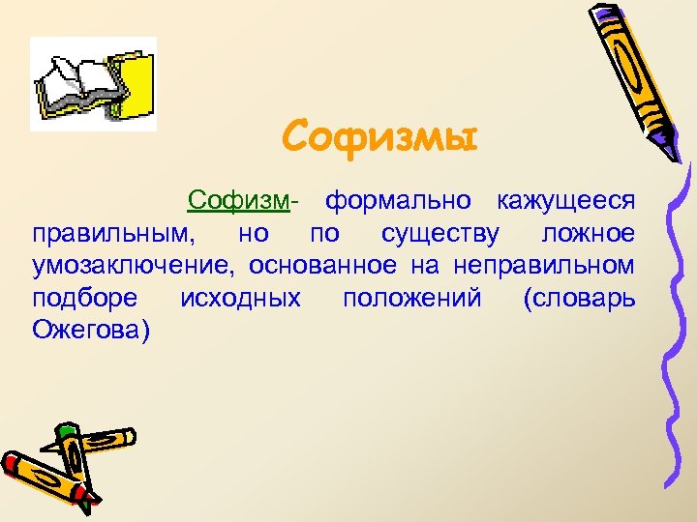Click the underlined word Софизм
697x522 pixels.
point(239,201)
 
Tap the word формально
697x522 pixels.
point(398,201)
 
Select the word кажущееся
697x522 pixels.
point(566,201)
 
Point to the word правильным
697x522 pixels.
point(110,234)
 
